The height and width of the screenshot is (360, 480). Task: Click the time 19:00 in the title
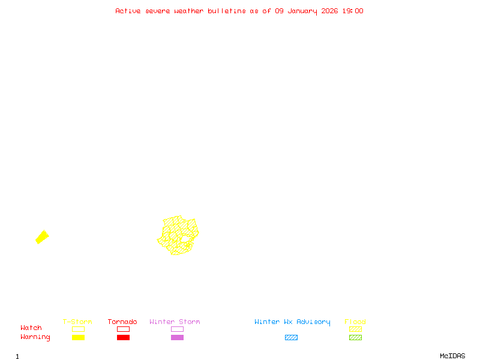(352, 11)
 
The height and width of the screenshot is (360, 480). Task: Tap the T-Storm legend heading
(77, 322)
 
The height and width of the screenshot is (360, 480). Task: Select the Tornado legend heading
(122, 322)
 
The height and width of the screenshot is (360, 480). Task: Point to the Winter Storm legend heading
(175, 322)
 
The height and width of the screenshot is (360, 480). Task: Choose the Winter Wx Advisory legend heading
(292, 322)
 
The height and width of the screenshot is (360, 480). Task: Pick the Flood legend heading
(355, 322)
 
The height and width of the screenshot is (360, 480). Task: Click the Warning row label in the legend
(35, 337)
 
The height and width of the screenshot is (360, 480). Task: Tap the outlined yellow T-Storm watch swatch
(78, 329)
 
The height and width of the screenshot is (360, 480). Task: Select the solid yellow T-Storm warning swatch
(78, 338)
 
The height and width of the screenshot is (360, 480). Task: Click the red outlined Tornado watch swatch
(123, 329)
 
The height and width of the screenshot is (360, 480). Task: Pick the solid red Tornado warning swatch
(123, 338)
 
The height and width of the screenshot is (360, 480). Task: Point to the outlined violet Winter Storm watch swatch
(177, 329)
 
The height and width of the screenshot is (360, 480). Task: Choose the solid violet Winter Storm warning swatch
(177, 338)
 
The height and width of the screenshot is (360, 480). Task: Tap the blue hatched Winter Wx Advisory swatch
(291, 338)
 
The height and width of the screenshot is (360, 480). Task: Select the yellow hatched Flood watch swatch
(355, 329)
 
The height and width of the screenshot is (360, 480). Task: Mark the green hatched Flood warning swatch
(355, 338)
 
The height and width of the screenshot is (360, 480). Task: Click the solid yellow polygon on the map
(42, 237)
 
